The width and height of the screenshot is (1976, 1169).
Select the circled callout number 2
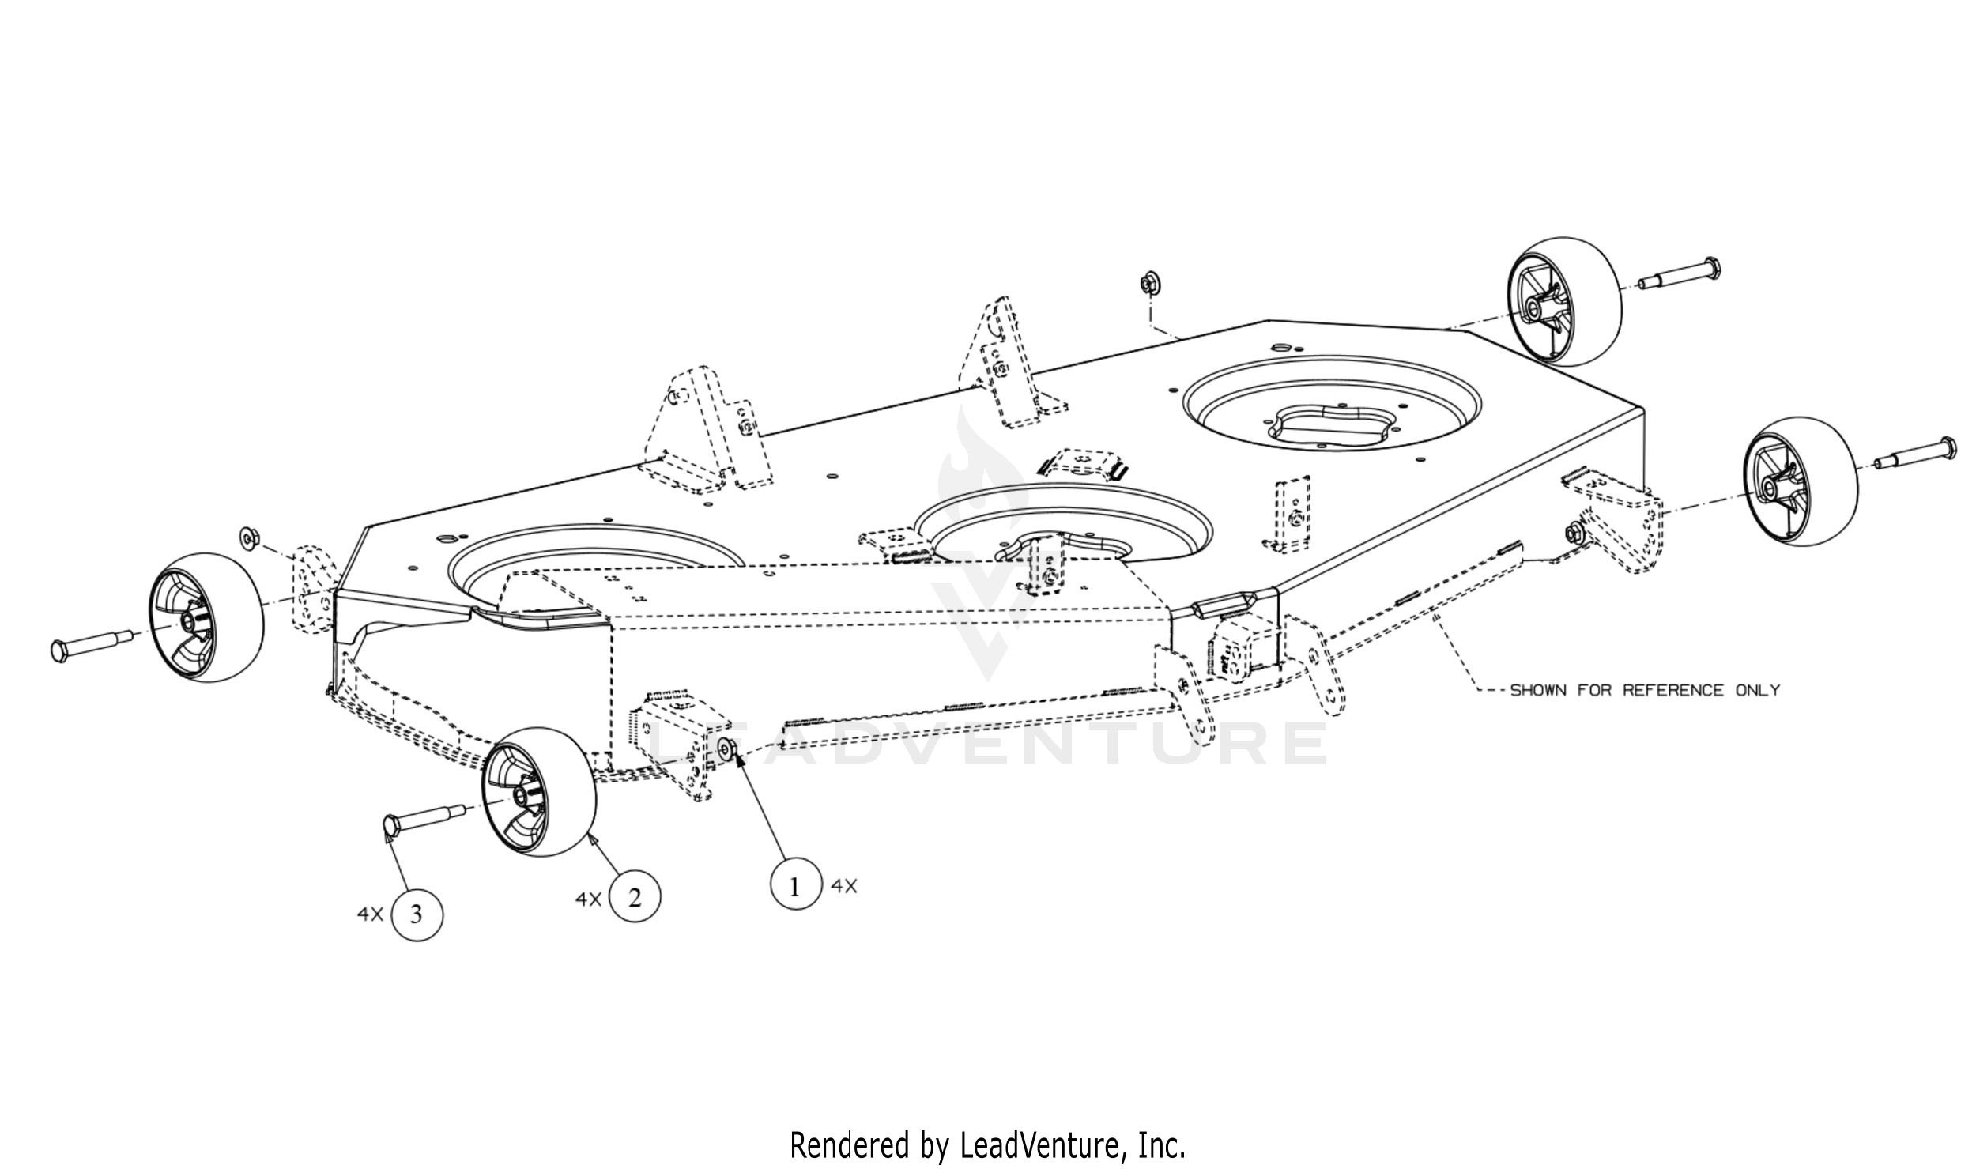pyautogui.click(x=635, y=899)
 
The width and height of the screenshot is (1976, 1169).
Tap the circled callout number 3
pyautogui.click(x=417, y=914)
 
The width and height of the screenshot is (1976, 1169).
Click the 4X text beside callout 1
pyautogui.click(x=844, y=887)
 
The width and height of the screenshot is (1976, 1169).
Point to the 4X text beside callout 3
pyautogui.click(x=370, y=914)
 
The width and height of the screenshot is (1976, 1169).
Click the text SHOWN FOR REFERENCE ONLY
pyautogui.click(x=1645, y=690)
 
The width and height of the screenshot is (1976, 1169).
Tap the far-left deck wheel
pyautogui.click(x=207, y=617)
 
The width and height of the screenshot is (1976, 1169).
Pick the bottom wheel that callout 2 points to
pyautogui.click(x=540, y=793)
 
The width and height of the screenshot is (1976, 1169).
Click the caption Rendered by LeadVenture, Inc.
pyautogui.click(x=988, y=1144)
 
